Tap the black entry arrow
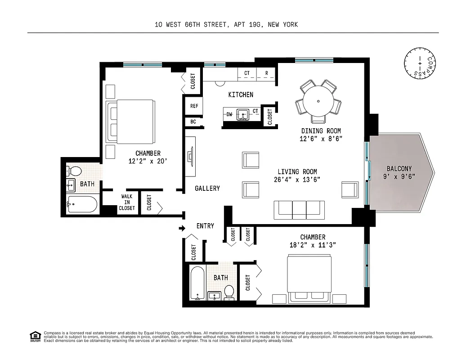point(182,229)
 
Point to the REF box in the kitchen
point(194,106)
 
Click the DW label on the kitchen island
point(229,114)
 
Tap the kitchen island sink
point(243,114)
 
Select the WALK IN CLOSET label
point(127,202)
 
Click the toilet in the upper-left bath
point(75,171)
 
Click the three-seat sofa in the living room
point(299,209)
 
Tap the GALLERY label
point(207,188)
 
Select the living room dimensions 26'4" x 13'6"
point(297,180)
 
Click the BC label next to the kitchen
point(193,122)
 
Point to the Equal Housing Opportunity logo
point(35,336)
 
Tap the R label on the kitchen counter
point(266,73)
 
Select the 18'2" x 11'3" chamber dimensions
point(313,245)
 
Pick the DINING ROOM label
point(322,131)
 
